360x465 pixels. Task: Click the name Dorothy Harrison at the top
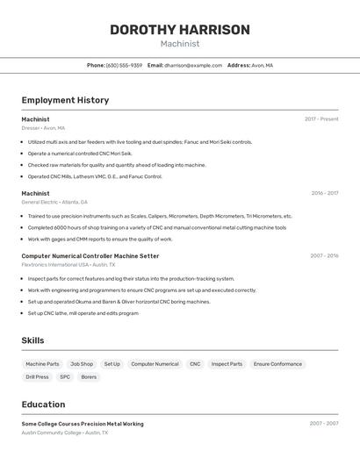coord(179,30)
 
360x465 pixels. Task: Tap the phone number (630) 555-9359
coord(124,65)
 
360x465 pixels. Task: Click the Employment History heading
coord(65,100)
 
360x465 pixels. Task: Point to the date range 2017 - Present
coord(321,119)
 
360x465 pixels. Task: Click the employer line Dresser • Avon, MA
coord(43,128)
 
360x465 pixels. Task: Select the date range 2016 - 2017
coord(324,193)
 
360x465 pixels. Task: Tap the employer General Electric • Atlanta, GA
coord(54,202)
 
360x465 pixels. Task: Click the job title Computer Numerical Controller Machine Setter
coord(90,256)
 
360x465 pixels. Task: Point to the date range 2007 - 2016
coord(324,256)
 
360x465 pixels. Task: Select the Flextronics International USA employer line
coord(68,264)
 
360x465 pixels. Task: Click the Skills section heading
coord(33,340)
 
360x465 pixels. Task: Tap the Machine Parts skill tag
coord(42,364)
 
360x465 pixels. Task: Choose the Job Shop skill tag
coord(82,364)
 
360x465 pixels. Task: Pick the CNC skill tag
coord(195,364)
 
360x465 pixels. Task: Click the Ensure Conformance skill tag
coord(277,364)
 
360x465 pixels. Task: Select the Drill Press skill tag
coord(37,377)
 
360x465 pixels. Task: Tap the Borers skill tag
coord(89,377)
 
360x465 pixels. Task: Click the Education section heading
coord(43,404)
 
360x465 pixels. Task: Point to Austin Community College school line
coord(65,433)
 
